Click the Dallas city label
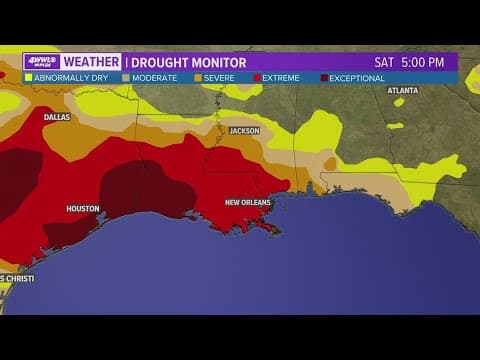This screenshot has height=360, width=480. pos(57,117)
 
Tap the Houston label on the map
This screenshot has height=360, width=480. pos(83,209)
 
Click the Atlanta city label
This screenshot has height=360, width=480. pos(403,90)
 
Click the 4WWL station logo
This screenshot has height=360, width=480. pos(41,62)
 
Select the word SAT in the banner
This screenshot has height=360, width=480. pos(385,62)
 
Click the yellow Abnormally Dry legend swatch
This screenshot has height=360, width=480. pos(28,78)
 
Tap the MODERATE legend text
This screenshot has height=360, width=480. pos(154,78)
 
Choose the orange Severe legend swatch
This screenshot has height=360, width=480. pos(198,78)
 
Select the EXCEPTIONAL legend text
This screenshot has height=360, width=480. pos(357,78)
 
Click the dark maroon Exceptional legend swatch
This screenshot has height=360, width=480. pos(324,78)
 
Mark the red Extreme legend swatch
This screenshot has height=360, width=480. pos(257,78)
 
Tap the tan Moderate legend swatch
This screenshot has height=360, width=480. pos(126,78)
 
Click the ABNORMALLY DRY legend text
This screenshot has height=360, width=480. pos(73,78)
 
